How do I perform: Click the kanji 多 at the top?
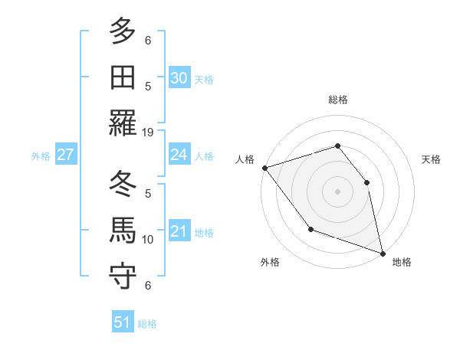[123, 32]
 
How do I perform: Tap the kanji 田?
[123, 78]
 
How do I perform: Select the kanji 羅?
[123, 123]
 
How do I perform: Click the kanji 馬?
[123, 231]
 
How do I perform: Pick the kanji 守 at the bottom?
[123, 277]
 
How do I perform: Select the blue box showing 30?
[179, 78]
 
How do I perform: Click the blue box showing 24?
[179, 155]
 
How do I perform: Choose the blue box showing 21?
[179, 231]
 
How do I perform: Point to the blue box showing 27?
[65, 155]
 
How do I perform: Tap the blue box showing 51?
[123, 322]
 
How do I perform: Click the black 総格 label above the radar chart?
[337, 100]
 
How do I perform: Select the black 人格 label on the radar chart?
[245, 159]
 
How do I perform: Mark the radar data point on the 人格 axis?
[264, 168]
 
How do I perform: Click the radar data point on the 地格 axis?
[382, 252]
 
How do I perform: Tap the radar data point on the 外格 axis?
[310, 228]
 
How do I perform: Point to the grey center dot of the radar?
[337, 191]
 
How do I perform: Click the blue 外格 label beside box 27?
[41, 155]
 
